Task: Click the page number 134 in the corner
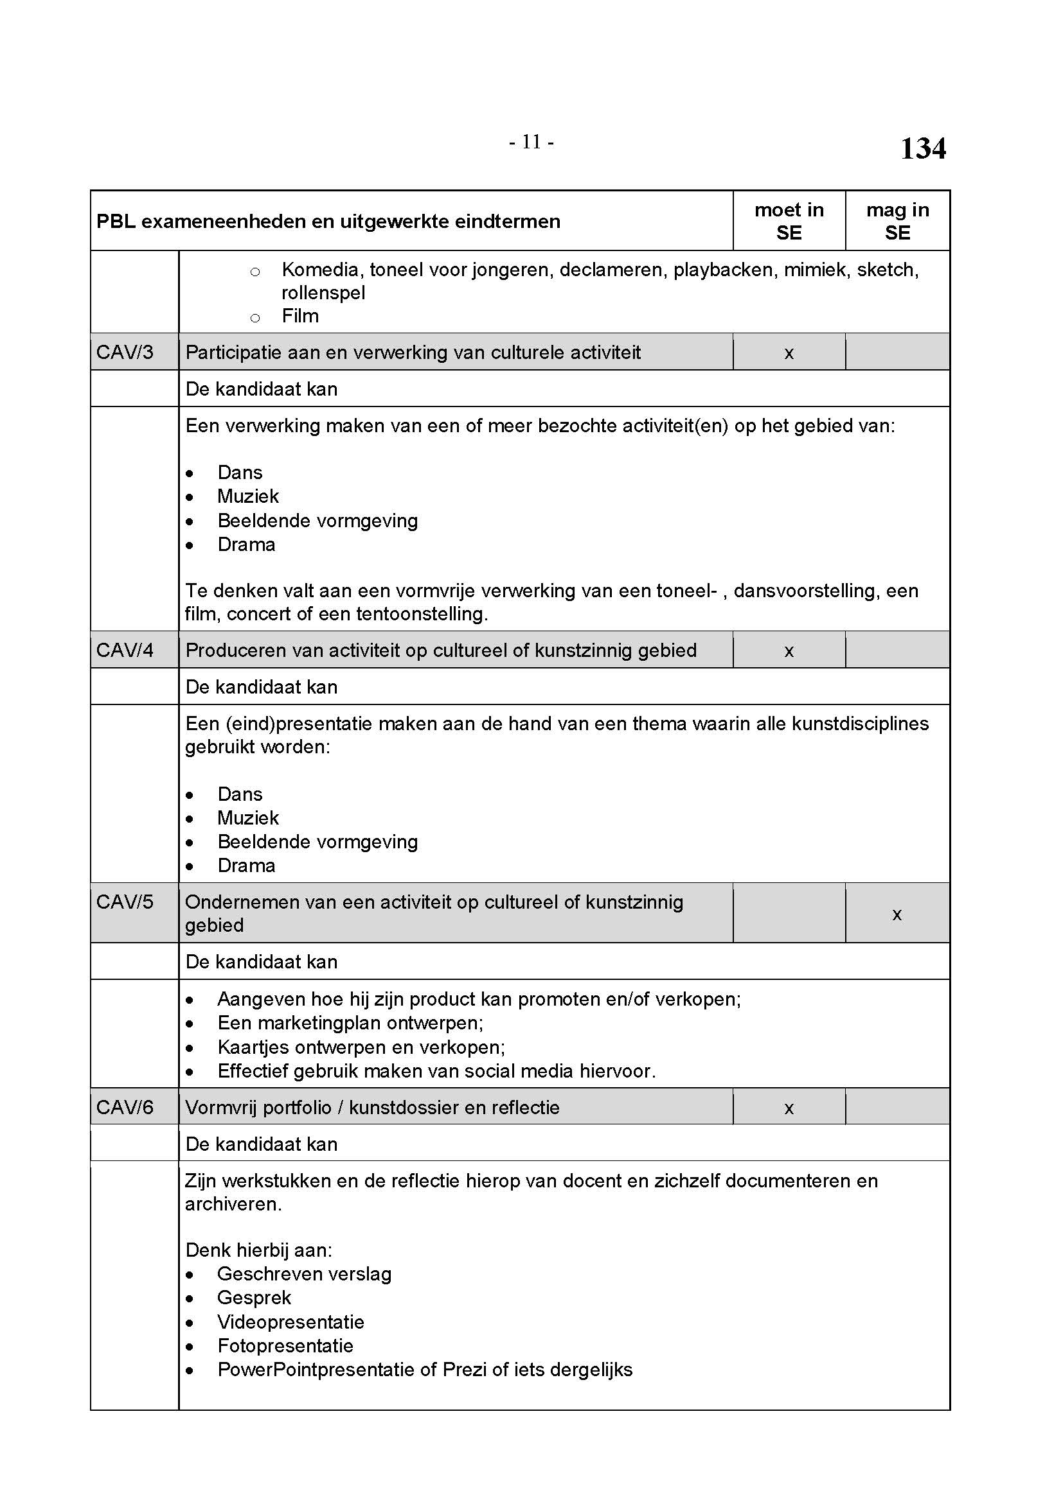coord(922,148)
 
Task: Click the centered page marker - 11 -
coord(531,142)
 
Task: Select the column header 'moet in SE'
coord(789,221)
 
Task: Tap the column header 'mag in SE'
coord(897,221)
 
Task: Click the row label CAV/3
coord(125,353)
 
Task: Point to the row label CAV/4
coord(125,651)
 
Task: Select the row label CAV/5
coord(125,902)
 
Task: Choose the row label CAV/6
coord(125,1107)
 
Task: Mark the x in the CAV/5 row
coord(897,914)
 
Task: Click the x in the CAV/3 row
coord(789,354)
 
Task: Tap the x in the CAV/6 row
coord(789,1108)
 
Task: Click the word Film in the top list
coord(300,317)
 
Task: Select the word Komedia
coord(320,270)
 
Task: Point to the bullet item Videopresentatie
coord(290,1322)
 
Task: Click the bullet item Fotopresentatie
coord(285,1346)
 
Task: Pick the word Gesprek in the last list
coord(254,1297)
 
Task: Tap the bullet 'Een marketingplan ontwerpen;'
coord(350,1023)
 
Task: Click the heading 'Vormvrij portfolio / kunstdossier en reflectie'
coord(373,1108)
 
